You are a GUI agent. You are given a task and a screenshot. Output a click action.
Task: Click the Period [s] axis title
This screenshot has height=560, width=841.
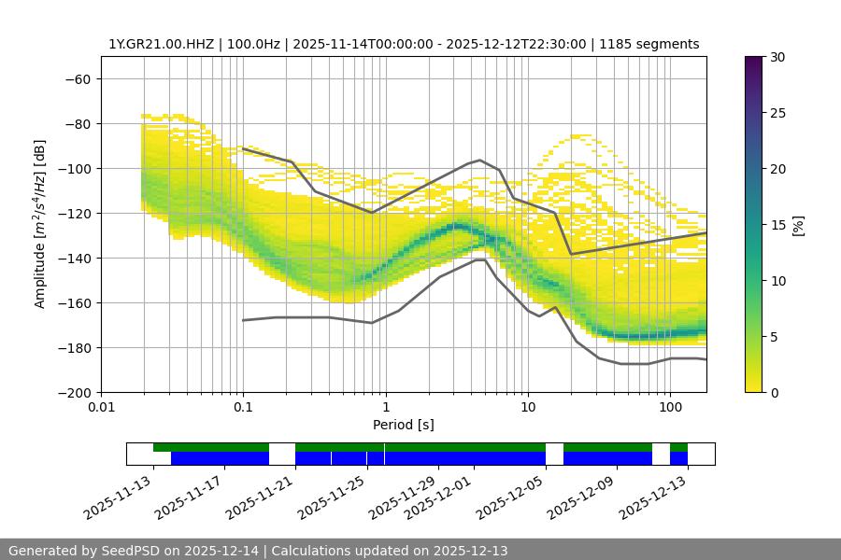pyautogui.click(x=403, y=425)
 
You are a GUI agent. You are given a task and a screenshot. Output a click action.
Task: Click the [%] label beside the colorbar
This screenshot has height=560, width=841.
pyautogui.click(x=798, y=225)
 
